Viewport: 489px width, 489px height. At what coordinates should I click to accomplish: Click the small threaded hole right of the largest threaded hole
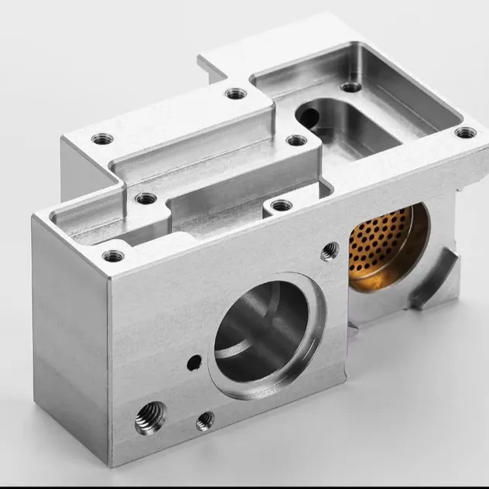click(x=205, y=420)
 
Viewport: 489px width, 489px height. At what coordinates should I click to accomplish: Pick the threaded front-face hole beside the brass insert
click(x=330, y=250)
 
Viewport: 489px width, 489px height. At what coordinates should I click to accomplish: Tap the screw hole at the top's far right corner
click(x=465, y=132)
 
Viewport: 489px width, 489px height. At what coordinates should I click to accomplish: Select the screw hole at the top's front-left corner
click(x=113, y=254)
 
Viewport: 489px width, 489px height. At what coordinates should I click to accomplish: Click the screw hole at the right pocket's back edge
click(x=351, y=87)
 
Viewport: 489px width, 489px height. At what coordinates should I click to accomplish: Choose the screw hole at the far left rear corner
click(x=102, y=139)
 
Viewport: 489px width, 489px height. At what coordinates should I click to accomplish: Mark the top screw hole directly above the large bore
click(x=281, y=205)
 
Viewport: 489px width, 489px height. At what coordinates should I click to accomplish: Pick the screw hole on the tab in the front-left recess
click(x=145, y=198)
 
